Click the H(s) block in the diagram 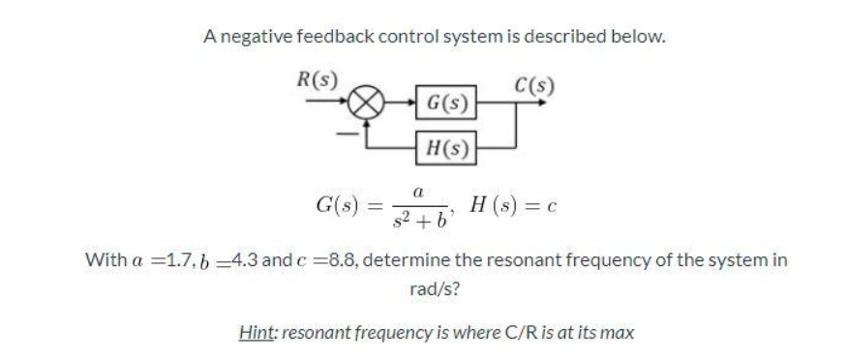444,148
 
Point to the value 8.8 335,260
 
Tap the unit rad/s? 424,288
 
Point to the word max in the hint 620,332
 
